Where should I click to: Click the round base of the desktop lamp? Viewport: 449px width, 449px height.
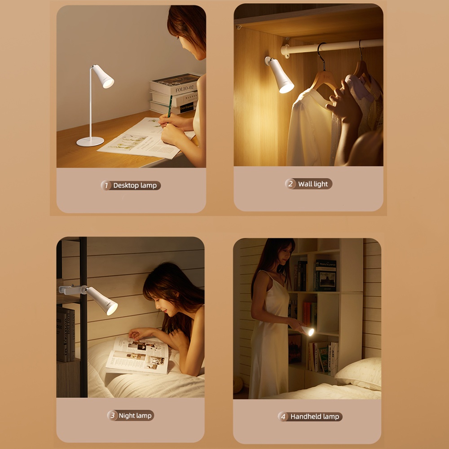click(90, 141)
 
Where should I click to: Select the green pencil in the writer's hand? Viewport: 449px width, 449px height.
click(170, 106)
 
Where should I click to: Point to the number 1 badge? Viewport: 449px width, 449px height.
click(106, 185)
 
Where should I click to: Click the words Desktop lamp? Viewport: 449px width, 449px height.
click(135, 185)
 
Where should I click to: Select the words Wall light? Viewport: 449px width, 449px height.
click(313, 184)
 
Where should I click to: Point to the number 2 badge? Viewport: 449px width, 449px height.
click(290, 184)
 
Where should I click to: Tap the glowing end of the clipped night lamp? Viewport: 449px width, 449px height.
click(112, 309)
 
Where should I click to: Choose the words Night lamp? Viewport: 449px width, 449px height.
click(135, 415)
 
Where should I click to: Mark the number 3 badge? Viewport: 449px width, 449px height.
click(113, 415)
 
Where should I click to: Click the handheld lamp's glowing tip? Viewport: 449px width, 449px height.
click(311, 332)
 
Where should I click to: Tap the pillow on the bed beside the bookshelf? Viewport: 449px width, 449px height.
click(359, 373)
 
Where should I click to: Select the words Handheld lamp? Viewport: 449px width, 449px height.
click(315, 417)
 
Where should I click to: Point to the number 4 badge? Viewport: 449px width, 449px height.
click(283, 417)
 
